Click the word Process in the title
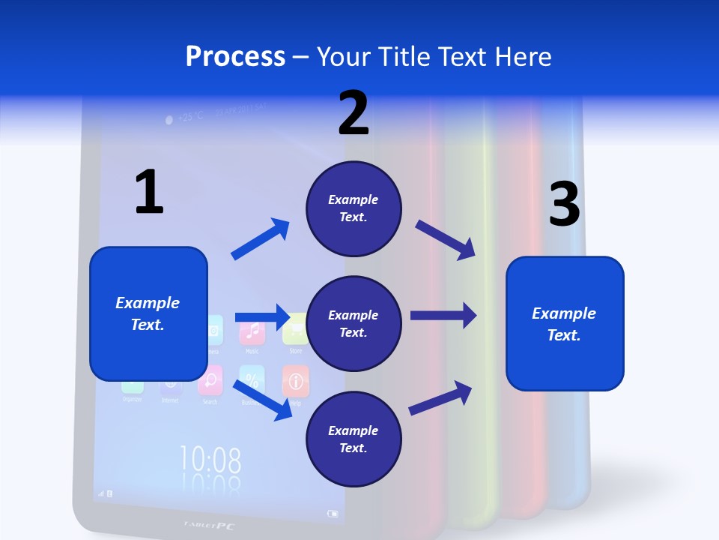tap(235, 56)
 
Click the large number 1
tap(149, 192)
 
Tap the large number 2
tap(354, 114)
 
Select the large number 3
tap(565, 205)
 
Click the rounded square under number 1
tap(148, 313)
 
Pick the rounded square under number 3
tap(565, 323)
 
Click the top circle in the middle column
tap(354, 208)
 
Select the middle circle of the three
tap(354, 323)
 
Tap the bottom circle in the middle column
tap(354, 439)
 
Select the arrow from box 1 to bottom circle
tap(262, 399)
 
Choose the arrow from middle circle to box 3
tap(443, 316)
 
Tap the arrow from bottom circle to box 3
tap(441, 397)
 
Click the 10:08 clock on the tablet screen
tap(210, 459)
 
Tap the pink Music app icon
tap(252, 331)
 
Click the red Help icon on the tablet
tap(295, 381)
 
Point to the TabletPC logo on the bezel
tap(209, 526)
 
